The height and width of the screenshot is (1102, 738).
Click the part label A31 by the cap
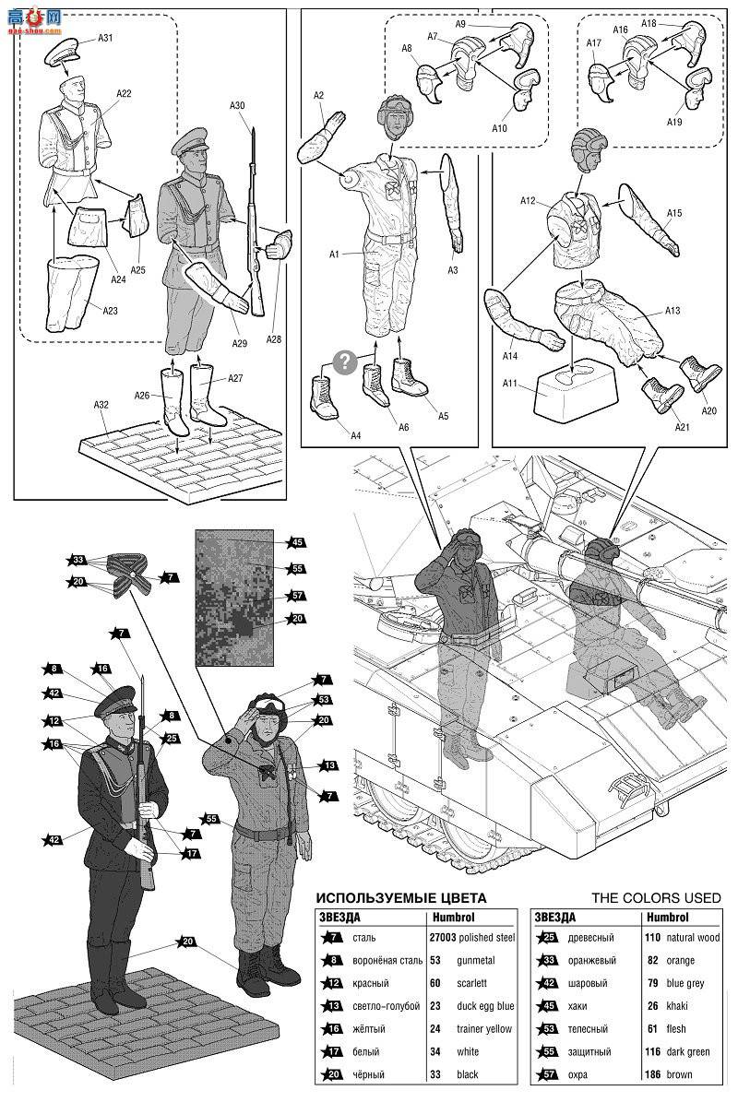105,38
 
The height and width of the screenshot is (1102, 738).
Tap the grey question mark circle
345,361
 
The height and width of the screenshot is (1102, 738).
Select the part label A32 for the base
101,405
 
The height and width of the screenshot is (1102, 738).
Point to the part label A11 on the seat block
509,384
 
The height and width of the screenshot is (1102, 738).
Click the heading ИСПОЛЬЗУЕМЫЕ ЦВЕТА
400,897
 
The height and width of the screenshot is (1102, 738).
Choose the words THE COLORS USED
656,897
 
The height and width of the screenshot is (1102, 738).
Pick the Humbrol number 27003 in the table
442,938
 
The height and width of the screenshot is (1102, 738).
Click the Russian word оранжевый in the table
592,961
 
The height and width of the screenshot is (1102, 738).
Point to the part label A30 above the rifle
238,105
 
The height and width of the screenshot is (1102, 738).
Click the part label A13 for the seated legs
672,310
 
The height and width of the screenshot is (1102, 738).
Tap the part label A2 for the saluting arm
318,96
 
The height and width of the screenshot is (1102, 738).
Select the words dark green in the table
688,1052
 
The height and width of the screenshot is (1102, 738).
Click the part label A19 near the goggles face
674,122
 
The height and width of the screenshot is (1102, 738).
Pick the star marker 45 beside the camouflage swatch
296,542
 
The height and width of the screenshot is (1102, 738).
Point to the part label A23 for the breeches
111,310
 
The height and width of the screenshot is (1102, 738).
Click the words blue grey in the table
685,983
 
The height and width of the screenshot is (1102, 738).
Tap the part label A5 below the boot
443,416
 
